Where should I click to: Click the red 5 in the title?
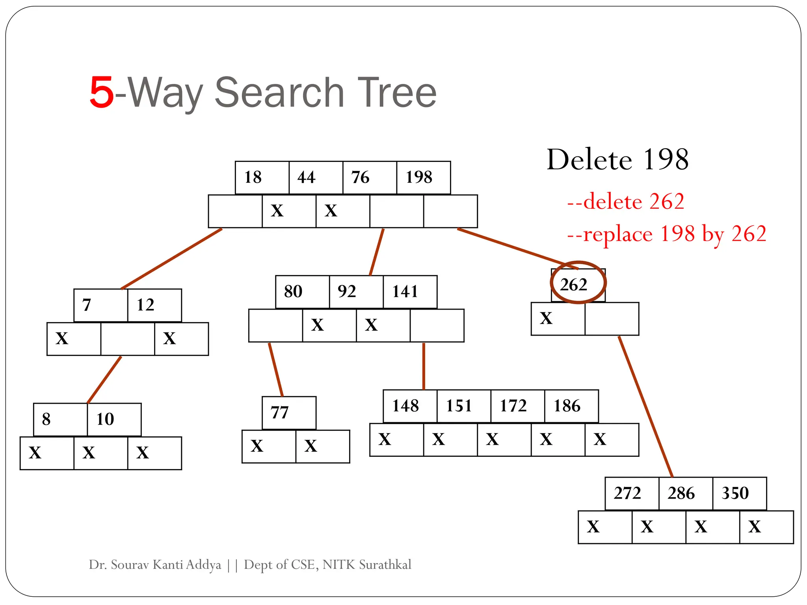coord(102,93)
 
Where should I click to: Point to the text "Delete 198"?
coord(617,160)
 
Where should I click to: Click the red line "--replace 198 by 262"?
coord(667,234)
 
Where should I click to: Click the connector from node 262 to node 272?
coord(645,406)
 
